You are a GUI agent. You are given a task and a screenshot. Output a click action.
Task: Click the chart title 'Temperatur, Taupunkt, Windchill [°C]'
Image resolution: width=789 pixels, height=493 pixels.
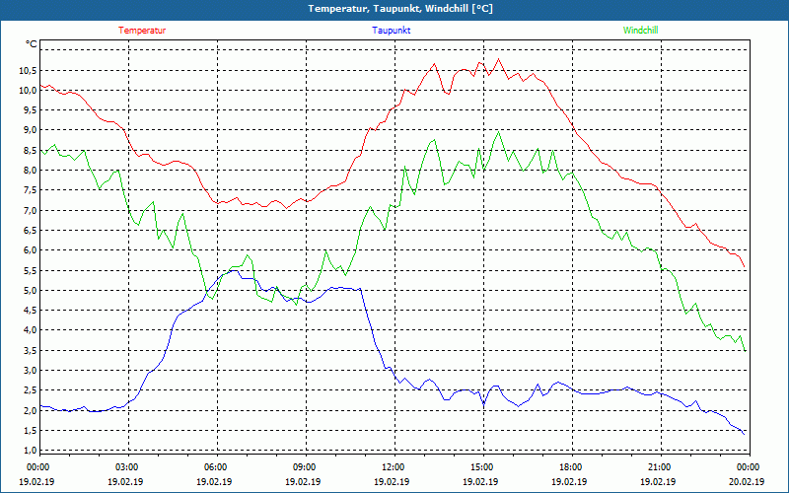pos(394,9)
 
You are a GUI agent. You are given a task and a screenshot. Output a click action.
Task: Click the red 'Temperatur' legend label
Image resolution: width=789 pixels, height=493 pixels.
pos(142,31)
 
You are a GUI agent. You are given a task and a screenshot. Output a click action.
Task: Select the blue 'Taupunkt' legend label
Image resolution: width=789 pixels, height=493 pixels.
pos(392,31)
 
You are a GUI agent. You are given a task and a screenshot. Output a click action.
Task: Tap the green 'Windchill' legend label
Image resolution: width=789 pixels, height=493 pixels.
pos(640,31)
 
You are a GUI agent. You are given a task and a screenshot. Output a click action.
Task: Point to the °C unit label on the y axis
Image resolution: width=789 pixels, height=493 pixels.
pos(32,44)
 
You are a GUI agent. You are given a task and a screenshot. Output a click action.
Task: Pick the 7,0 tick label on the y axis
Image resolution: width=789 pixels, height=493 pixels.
pos(29,211)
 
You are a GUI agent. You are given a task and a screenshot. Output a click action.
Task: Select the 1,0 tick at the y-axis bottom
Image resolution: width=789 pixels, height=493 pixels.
pos(29,451)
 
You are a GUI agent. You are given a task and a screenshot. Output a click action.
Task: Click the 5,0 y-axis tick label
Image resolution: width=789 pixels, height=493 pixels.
pos(29,291)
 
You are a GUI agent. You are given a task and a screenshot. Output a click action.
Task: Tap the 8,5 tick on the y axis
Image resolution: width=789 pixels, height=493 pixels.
pos(29,151)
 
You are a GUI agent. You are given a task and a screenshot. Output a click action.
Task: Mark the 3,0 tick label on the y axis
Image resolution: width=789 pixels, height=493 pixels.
pos(29,371)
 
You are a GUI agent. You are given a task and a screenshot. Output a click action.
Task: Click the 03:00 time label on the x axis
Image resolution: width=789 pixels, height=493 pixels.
pos(127,467)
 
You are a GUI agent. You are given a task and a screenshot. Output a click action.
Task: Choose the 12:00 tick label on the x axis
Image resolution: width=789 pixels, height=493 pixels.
pos(393,467)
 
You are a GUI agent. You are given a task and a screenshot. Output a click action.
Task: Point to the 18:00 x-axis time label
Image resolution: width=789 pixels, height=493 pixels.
pos(570,467)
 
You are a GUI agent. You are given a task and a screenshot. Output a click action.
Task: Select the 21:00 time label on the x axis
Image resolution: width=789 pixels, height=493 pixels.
pos(659,467)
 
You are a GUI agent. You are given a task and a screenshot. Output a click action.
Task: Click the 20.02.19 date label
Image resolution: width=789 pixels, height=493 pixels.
pos(747,482)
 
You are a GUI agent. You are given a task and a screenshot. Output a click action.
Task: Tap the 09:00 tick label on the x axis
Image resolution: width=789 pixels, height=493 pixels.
pos(304,467)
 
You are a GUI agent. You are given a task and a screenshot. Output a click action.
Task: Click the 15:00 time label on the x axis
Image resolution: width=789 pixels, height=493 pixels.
pos(481,467)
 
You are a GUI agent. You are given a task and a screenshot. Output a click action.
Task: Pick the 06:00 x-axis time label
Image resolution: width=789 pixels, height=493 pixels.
pos(216,467)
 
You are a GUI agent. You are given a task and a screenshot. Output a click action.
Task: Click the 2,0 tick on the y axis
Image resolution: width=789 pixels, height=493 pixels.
pos(29,411)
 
